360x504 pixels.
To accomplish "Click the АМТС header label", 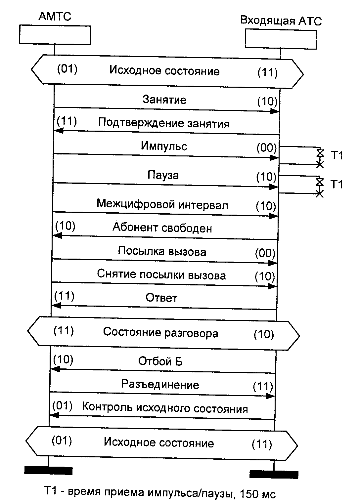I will (55, 16).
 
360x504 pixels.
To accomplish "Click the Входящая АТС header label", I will (281, 21).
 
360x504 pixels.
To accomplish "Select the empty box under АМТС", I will (55, 35).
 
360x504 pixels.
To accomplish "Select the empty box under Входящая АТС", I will (281, 39).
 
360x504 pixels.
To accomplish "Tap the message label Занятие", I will (164, 100).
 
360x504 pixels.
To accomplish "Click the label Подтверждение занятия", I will (164, 123).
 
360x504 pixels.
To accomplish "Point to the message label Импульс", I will (164, 146).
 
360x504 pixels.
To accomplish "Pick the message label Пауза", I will (163, 175).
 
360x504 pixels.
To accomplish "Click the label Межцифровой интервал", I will (162, 204).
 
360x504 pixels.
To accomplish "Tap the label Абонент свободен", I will (162, 228).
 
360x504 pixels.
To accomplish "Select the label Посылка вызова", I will (162, 251).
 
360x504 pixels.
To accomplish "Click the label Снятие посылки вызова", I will (161, 275).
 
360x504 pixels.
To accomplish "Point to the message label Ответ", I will (161, 298).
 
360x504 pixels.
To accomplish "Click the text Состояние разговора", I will (160, 332).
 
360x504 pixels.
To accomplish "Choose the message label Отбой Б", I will (160, 361).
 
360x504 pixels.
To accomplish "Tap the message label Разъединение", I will (160, 385).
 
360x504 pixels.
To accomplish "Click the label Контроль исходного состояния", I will (165, 408).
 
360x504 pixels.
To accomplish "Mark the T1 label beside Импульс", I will (337, 155).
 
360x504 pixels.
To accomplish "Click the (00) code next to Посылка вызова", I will (265, 254).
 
